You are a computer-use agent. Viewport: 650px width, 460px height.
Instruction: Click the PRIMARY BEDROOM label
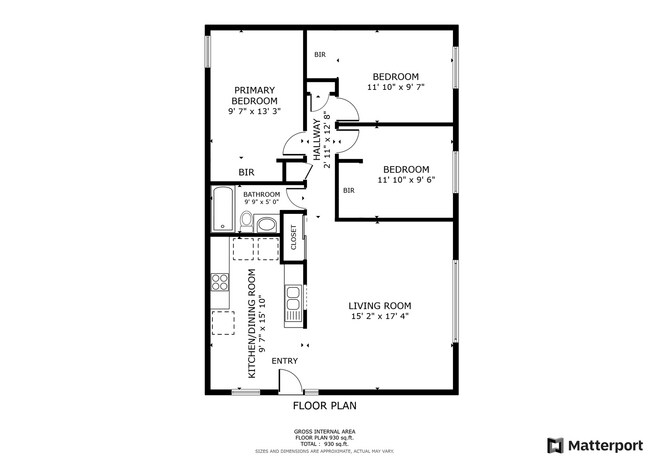255,95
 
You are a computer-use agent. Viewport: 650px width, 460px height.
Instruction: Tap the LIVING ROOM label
380,306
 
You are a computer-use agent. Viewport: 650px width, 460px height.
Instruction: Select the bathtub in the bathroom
223,209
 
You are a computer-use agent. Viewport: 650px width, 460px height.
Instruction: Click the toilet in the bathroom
246,221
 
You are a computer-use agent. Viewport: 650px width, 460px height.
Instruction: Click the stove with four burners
220,282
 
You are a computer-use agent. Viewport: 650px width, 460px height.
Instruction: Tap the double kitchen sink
293,298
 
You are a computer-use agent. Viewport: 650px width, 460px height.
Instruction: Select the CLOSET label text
294,237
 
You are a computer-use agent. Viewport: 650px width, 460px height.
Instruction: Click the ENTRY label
284,361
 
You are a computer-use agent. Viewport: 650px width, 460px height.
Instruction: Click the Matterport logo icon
555,445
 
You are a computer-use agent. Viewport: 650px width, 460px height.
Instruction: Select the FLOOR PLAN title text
325,405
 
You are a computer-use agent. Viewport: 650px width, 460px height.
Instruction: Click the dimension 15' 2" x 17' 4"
380,316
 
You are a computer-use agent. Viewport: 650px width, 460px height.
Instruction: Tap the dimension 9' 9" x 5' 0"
261,202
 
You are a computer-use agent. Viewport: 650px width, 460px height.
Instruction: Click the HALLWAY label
317,140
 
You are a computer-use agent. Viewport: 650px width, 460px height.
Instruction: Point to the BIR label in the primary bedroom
246,172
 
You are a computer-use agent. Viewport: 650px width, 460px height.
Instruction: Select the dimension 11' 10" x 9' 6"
406,180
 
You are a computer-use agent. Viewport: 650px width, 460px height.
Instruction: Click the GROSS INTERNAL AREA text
325,431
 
